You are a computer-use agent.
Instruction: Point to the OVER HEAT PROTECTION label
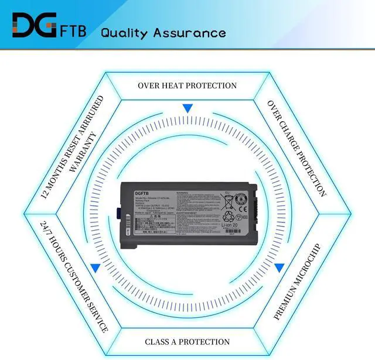tap(187, 85)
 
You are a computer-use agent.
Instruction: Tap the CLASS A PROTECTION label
tap(187, 342)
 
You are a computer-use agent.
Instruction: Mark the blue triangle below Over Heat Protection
tap(187, 108)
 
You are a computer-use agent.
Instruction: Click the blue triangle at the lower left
tap(94, 268)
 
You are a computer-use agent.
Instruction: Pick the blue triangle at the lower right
tap(279, 268)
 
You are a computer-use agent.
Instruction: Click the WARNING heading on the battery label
tap(182, 191)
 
